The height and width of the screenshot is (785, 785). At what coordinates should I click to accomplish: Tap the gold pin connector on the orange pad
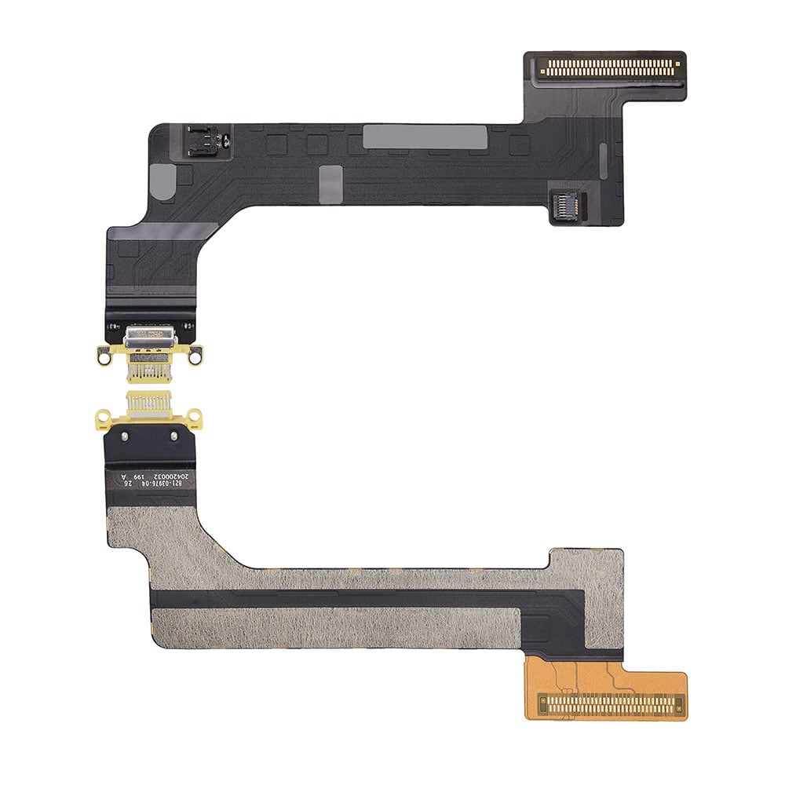610,704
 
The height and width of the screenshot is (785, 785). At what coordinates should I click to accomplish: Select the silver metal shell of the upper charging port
147,338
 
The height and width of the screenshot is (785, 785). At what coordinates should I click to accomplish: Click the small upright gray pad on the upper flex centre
330,183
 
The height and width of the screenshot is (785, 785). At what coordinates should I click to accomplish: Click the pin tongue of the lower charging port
148,405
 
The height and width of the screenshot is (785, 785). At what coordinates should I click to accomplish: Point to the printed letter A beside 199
122,476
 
